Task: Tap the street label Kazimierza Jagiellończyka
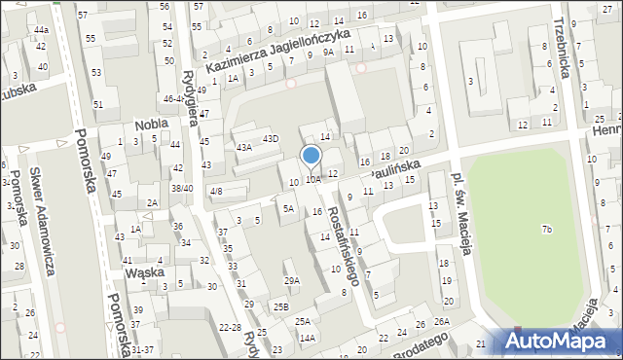(x=277, y=52)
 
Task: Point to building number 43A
(x=243, y=147)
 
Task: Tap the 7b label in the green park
(x=547, y=229)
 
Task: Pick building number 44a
(x=40, y=30)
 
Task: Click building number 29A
(x=291, y=280)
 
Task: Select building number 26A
(x=443, y=322)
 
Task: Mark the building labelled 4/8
(x=216, y=192)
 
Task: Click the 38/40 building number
(x=181, y=189)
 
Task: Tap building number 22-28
(x=231, y=327)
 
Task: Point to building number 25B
(x=281, y=307)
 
